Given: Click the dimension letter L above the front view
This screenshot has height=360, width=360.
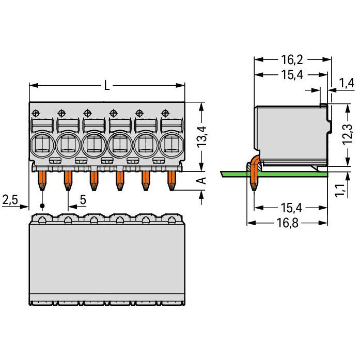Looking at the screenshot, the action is tap(107, 86).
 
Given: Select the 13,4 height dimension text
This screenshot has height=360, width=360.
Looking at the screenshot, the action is tap(201, 136).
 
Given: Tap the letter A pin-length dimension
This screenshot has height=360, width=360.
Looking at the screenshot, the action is tap(201, 180).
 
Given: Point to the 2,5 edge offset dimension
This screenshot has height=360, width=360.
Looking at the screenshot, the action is tap(10, 199).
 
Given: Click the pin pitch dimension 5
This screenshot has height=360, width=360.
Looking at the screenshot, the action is tap(83, 199).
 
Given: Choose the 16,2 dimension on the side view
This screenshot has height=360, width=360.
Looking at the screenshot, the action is tap(292, 60).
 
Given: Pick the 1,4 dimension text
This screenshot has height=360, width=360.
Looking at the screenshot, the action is tap(346, 83).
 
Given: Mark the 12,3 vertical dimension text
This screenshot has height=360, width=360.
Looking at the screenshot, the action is tap(347, 134).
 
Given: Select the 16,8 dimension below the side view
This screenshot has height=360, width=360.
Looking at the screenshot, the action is tap(287, 223).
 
